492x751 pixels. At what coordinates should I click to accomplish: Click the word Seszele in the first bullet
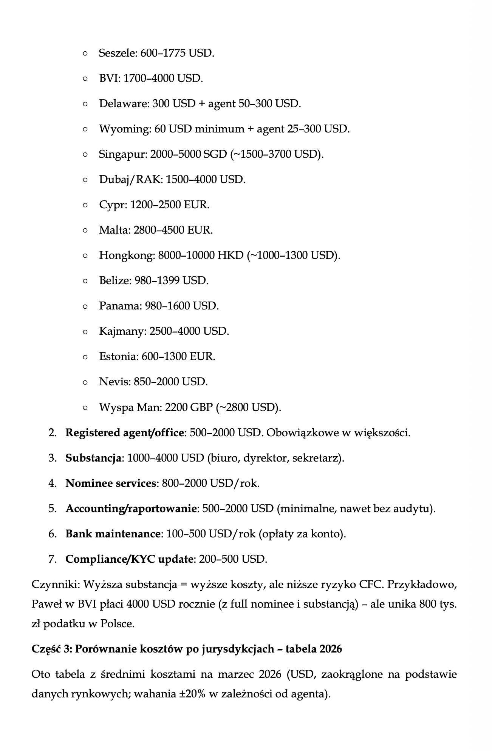tap(117, 53)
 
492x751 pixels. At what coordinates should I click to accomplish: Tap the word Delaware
tap(124, 104)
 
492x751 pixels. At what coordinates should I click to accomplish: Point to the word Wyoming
tap(125, 129)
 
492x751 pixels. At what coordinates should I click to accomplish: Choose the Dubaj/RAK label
tap(130, 180)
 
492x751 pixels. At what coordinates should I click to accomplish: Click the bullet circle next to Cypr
tap(85, 205)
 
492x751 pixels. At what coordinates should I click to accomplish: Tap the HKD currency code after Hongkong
tap(230, 255)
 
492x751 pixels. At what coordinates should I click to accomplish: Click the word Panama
tap(120, 306)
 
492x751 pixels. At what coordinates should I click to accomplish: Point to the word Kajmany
tap(122, 331)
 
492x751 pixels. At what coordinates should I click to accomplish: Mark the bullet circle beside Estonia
tap(85, 357)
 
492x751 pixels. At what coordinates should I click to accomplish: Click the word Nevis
tap(114, 382)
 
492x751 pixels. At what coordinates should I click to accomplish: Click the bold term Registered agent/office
tap(124, 433)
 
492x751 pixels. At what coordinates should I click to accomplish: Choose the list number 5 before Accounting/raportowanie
tap(52, 509)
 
